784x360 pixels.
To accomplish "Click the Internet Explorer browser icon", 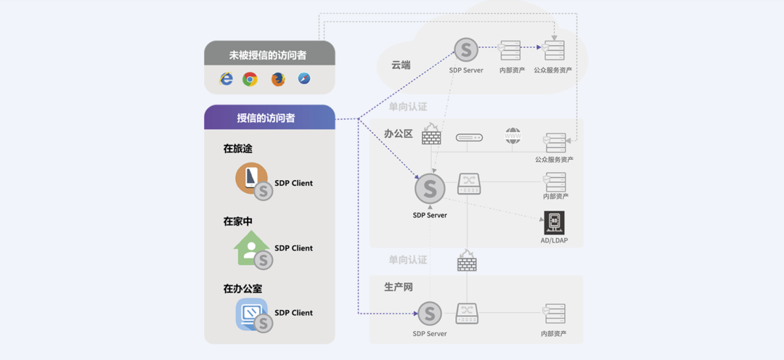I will click(226, 78).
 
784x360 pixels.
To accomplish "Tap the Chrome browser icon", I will click(250, 79).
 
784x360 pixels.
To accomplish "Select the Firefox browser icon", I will click(278, 79).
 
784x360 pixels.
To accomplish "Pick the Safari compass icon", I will click(304, 78).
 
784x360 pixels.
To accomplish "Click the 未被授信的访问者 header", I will click(269, 54).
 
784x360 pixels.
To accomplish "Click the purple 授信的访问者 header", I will click(269, 118).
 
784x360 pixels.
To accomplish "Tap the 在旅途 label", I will click(237, 149).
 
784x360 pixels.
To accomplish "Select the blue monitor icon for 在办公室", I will click(250, 314).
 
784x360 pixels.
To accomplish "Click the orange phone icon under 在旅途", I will click(250, 179).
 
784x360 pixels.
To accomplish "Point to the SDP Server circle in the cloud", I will click(466, 51).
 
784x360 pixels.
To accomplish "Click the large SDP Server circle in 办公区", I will click(430, 189).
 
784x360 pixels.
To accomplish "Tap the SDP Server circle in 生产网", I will click(430, 314).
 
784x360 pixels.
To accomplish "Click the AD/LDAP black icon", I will click(554, 223).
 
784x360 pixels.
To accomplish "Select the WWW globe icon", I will click(513, 136).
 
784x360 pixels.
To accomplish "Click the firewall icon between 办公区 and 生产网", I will click(467, 261).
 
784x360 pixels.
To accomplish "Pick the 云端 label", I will click(401, 65).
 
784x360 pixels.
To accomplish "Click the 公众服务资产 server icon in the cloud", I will click(554, 51).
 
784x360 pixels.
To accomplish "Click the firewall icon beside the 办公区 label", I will click(431, 135).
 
